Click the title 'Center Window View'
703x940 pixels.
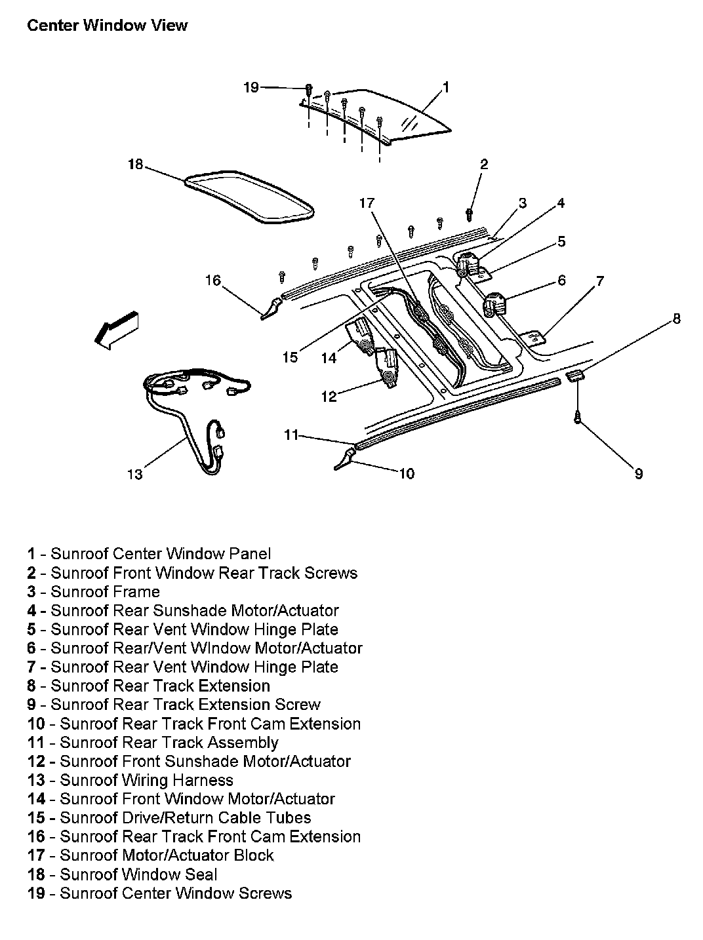coord(108,26)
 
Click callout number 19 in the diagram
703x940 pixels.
coord(252,87)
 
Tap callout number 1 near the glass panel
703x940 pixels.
coord(446,87)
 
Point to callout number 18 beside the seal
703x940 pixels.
coord(135,164)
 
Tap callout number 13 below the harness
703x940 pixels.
coord(135,473)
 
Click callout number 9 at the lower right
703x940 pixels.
coord(639,473)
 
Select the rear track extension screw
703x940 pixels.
coord(577,417)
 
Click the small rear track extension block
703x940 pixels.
coord(574,375)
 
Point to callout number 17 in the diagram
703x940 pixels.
coord(367,203)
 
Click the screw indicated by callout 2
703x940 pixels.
coord(470,213)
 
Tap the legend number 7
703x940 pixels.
coord(31,667)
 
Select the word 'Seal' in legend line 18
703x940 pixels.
coord(202,874)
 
